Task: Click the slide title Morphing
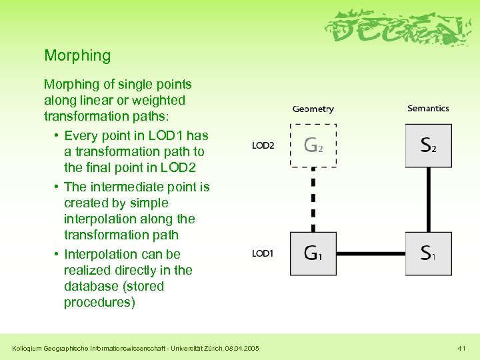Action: pyautogui.click(x=77, y=55)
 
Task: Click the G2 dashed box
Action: pyautogui.click(x=313, y=145)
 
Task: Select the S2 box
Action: pyautogui.click(x=428, y=145)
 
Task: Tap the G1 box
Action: pyautogui.click(x=313, y=253)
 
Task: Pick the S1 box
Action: pyautogui.click(x=428, y=253)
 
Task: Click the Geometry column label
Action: pyautogui.click(x=313, y=109)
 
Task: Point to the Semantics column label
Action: pyautogui.click(x=428, y=108)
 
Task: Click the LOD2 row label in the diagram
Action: pyautogui.click(x=263, y=145)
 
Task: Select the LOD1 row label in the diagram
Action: pyautogui.click(x=263, y=253)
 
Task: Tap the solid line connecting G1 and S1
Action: pyautogui.click(x=371, y=254)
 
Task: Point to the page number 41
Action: pyautogui.click(x=461, y=347)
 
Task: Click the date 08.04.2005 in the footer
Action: pyautogui.click(x=243, y=347)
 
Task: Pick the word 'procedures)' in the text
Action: pyautogui.click(x=99, y=302)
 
